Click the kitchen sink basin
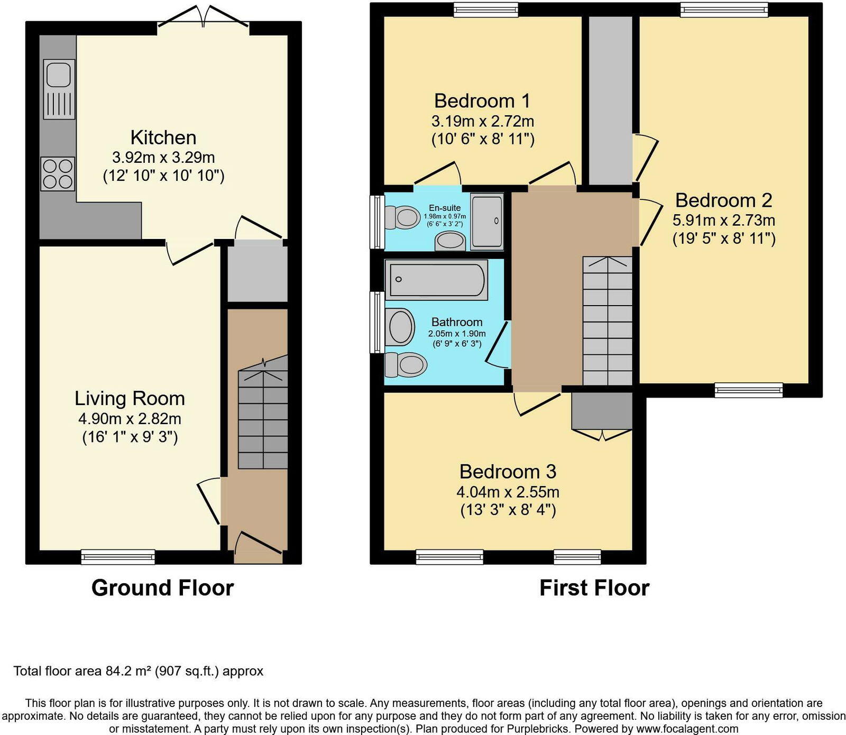[58, 75]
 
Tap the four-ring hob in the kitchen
[58, 174]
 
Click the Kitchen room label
[163, 137]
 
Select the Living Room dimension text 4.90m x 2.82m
[130, 419]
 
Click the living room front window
[118, 557]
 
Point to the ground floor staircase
[263, 418]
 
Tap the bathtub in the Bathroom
[436, 279]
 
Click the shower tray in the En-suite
[486, 221]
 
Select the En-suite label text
[444, 208]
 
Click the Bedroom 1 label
[482, 100]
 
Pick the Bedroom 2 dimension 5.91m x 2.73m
[723, 220]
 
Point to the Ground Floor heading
[162, 588]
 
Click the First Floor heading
[594, 588]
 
